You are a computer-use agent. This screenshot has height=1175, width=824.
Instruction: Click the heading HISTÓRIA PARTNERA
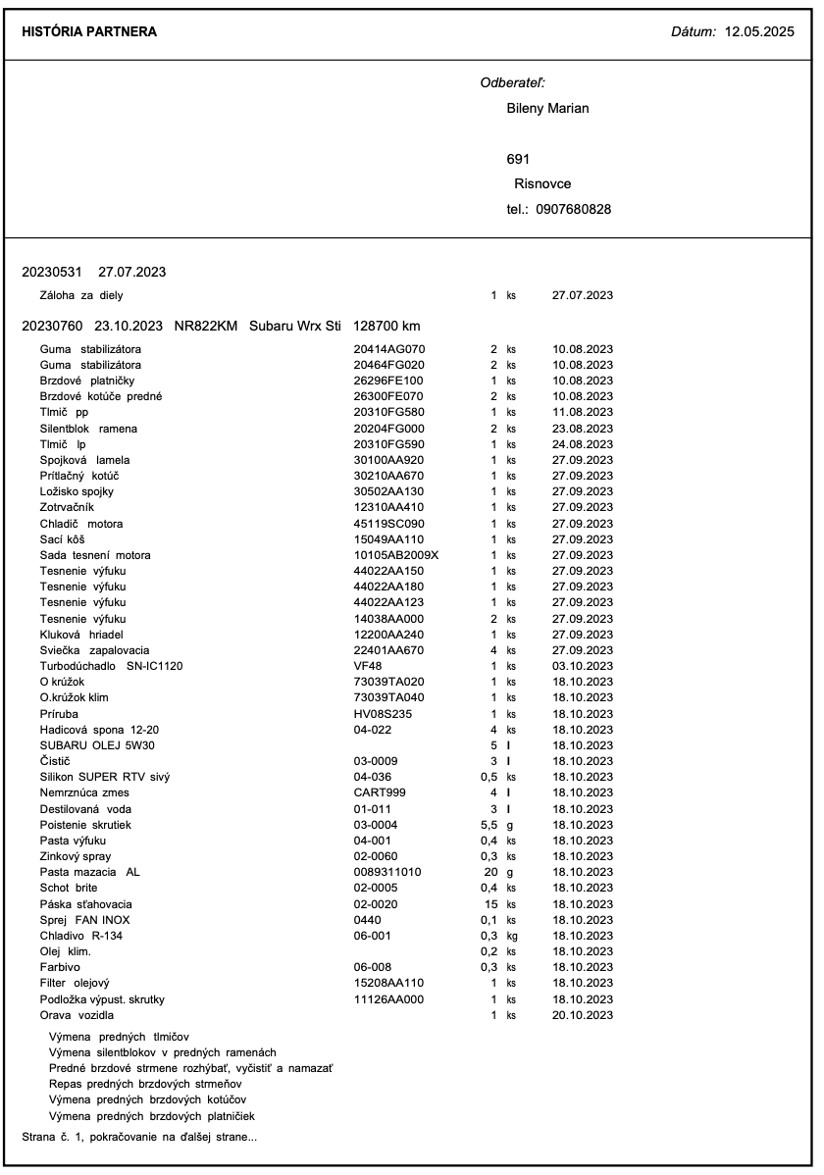pos(89,32)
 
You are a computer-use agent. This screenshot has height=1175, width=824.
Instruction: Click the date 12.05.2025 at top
pos(758,32)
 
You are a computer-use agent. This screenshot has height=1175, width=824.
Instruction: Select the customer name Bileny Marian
pos(547,108)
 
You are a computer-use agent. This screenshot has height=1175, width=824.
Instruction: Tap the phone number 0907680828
pos(574,209)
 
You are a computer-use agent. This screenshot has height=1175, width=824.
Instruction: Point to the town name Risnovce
pos(542,183)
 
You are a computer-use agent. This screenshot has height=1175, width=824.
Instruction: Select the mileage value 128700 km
pos(387,326)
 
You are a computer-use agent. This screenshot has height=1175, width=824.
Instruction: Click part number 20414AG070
pos(388,349)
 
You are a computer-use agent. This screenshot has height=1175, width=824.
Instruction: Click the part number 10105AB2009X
pos(396,555)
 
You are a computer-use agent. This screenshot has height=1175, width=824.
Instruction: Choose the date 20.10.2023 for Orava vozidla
pos(583,1015)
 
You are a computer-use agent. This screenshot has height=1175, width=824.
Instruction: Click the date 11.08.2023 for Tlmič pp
pos(583,412)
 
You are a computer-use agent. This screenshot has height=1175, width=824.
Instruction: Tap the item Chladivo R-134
pos(81,936)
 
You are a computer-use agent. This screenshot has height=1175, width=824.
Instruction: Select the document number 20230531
pos(52,271)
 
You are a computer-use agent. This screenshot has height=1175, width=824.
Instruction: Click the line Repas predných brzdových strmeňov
pos(145,1084)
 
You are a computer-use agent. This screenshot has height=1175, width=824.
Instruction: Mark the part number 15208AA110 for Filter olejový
pos(388,983)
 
